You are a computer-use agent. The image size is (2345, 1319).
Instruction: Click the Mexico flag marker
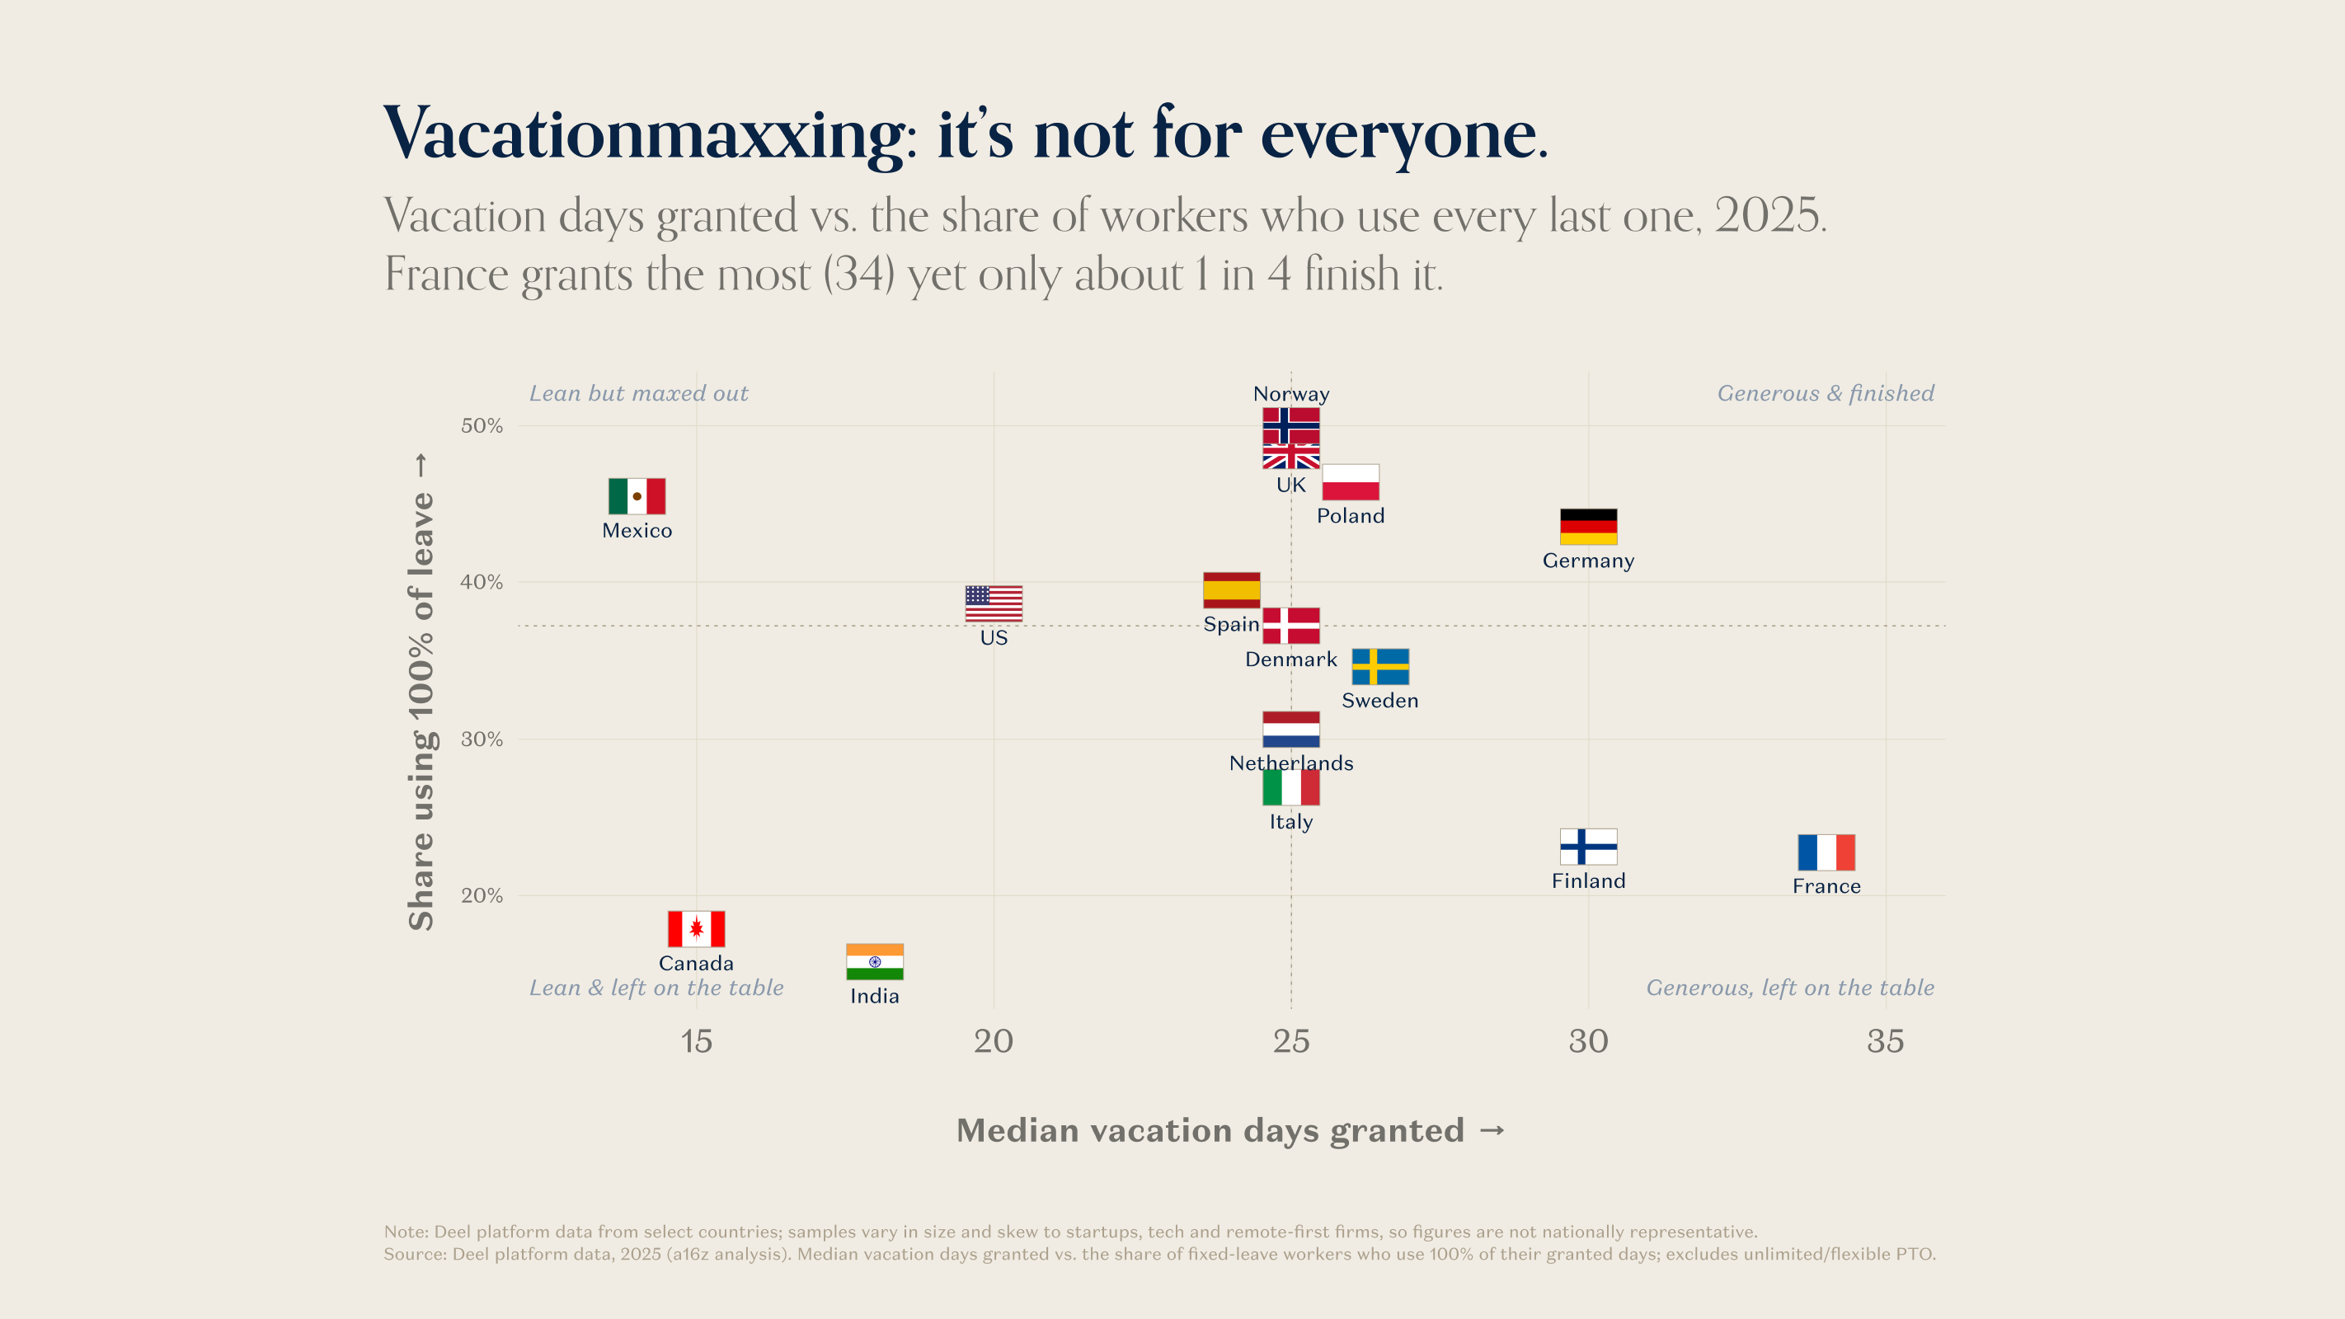click(637, 496)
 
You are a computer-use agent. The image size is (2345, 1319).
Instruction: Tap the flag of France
click(1826, 852)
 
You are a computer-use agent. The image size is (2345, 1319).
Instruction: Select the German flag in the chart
click(1589, 526)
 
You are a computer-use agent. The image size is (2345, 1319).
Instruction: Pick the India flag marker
click(874, 961)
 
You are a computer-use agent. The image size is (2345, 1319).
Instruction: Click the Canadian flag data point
click(697, 928)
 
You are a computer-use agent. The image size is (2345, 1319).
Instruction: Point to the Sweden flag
click(1380, 666)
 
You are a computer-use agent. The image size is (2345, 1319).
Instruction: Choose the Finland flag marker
click(1589, 847)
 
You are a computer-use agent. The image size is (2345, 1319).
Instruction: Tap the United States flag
click(994, 603)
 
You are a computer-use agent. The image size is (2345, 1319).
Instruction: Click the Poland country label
click(1350, 516)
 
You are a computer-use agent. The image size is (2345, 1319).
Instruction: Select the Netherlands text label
click(1291, 763)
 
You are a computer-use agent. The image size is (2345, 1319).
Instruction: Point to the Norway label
click(1291, 394)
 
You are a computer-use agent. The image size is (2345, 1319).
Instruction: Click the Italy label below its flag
click(1291, 822)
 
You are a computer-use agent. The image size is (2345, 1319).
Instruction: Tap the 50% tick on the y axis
click(482, 425)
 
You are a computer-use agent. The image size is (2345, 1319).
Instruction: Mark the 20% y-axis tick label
click(482, 896)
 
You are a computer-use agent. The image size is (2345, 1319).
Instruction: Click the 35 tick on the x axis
click(1885, 1041)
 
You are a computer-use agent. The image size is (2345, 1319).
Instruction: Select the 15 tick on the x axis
click(697, 1041)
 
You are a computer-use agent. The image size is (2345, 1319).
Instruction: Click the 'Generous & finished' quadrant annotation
click(1826, 393)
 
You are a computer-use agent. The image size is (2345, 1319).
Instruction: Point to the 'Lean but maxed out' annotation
click(638, 393)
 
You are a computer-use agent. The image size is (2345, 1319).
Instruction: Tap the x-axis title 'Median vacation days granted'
click(1210, 1130)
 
